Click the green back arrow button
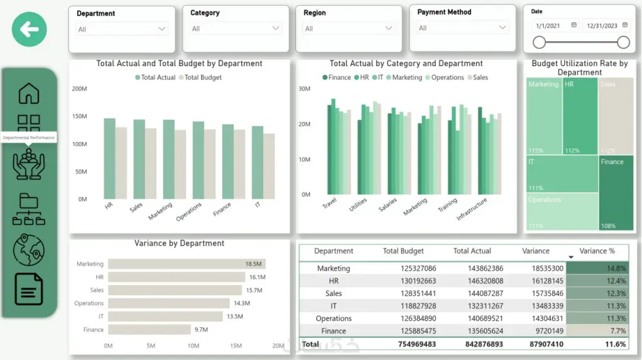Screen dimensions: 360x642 pyautogui.click(x=29, y=29)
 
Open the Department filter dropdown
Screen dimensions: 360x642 pyautogui.click(x=122, y=29)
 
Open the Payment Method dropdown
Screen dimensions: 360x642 pyautogui.click(x=463, y=28)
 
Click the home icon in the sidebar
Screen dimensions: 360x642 pyautogui.click(x=29, y=94)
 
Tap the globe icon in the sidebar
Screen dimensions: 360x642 pyautogui.click(x=29, y=250)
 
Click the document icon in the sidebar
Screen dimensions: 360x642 pyautogui.click(x=29, y=289)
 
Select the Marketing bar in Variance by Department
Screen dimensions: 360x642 pyautogui.click(x=186, y=264)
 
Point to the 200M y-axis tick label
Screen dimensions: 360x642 pyautogui.click(x=79, y=89)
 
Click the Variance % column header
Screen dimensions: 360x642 pyautogui.click(x=597, y=251)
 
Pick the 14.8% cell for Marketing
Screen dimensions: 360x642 pyautogui.click(x=602, y=268)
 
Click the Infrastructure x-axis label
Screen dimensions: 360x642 pyautogui.click(x=472, y=209)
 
